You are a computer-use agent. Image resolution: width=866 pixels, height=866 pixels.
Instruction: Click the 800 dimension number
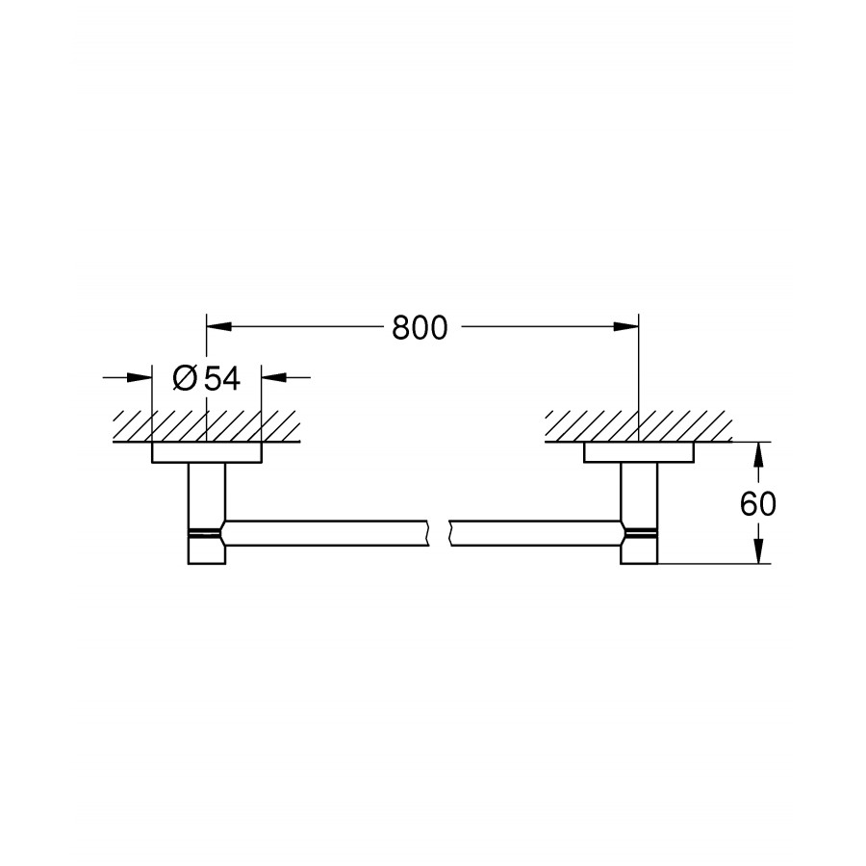click(x=420, y=328)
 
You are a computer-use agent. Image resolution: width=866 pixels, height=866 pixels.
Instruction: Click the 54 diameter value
click(x=222, y=379)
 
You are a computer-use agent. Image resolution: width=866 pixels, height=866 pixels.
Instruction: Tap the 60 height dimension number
click(x=758, y=503)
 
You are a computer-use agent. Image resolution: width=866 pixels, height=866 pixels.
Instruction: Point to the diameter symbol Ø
click(x=185, y=379)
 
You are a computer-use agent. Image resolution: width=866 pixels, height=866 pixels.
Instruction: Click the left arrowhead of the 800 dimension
click(x=218, y=327)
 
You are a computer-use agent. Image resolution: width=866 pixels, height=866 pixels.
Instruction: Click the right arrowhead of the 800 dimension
click(x=625, y=327)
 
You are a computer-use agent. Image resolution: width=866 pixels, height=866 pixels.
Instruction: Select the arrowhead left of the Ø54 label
click(x=140, y=378)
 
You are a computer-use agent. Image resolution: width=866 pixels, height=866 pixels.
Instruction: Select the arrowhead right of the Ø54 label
click(x=274, y=378)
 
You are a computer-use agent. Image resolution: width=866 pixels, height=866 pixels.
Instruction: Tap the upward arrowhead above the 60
click(x=759, y=454)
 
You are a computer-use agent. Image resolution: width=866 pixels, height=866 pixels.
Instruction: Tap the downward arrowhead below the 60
click(x=759, y=550)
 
